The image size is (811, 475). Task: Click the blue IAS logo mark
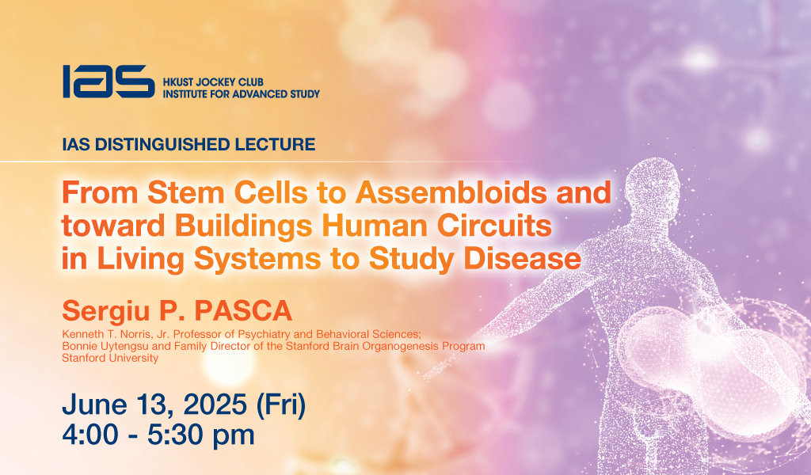pos(109,82)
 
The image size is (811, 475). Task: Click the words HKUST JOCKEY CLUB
pos(213,82)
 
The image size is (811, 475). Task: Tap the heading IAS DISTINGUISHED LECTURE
pos(188,144)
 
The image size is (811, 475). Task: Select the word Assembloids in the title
pos(451,192)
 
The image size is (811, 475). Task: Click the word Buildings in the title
pos(244,226)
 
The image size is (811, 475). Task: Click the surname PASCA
pos(243,311)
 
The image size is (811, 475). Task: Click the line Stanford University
pos(110,358)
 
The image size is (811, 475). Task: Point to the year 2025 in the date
pos(215,405)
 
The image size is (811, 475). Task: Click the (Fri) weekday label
pos(281,405)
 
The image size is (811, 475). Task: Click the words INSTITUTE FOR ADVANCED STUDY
pos(242,94)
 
